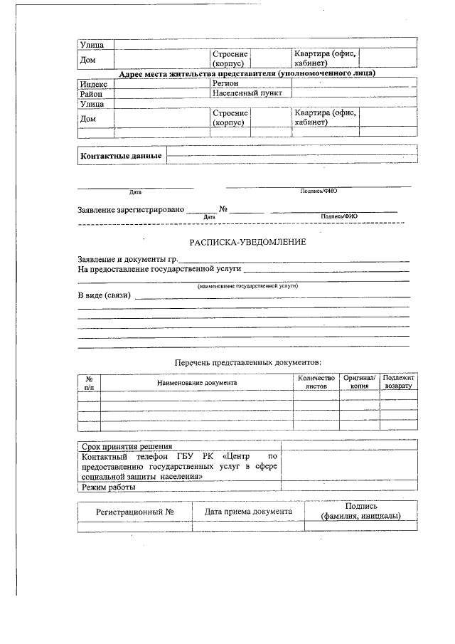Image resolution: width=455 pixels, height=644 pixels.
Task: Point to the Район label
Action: point(91,93)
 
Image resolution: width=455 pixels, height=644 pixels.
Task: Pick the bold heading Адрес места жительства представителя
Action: point(247,73)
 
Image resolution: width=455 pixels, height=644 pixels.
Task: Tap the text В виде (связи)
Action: point(104,295)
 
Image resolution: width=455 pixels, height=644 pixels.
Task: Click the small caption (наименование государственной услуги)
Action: point(247,285)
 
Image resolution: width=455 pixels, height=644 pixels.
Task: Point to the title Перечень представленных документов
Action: point(248,363)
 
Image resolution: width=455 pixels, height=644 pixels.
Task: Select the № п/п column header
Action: point(89,383)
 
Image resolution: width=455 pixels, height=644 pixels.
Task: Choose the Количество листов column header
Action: point(316,382)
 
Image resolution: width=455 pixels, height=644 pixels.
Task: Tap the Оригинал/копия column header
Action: point(359,382)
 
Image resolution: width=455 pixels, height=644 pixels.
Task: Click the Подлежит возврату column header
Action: point(398,382)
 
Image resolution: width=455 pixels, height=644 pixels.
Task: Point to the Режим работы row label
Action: point(108,487)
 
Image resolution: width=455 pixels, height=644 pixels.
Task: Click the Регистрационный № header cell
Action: point(135,512)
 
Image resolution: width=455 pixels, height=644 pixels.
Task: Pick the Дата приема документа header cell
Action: point(248,512)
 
